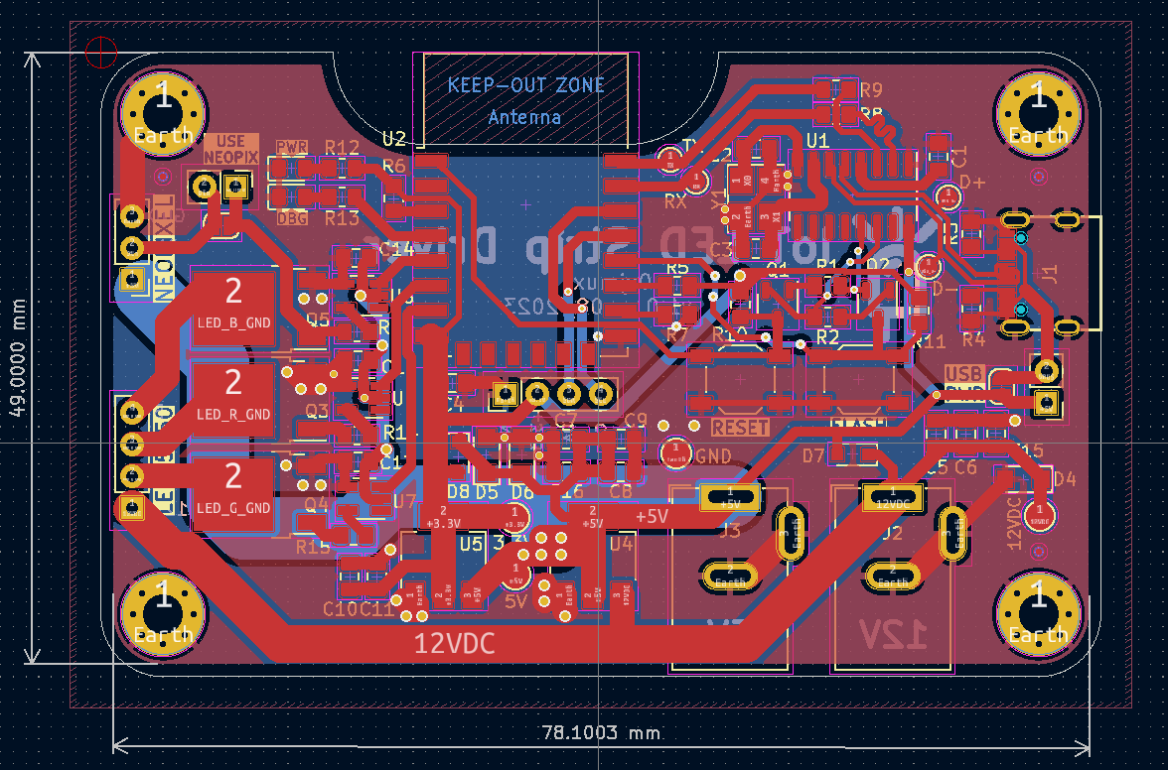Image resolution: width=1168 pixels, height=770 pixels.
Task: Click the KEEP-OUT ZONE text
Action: click(x=525, y=85)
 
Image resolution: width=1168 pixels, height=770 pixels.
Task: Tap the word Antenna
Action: click(x=524, y=117)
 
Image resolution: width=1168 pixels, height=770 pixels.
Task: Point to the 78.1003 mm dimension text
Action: click(x=601, y=733)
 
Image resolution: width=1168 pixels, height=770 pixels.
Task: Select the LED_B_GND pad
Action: click(x=233, y=308)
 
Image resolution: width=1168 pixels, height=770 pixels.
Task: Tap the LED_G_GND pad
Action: click(x=233, y=493)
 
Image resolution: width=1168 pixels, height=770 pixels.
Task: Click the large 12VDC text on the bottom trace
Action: click(x=455, y=643)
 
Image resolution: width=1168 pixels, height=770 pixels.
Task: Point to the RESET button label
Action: click(x=741, y=428)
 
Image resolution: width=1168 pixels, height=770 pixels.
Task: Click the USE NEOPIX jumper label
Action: click(x=230, y=149)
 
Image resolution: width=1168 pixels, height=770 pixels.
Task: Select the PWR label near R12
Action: click(x=292, y=148)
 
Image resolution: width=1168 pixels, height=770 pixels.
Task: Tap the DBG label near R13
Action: click(x=292, y=217)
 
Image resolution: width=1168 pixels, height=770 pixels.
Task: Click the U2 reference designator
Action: click(x=394, y=137)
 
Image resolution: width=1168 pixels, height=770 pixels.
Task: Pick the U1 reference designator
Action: click(x=817, y=142)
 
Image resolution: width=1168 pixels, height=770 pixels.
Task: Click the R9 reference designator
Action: click(x=872, y=89)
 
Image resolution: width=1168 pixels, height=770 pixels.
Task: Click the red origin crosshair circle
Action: click(x=101, y=51)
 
